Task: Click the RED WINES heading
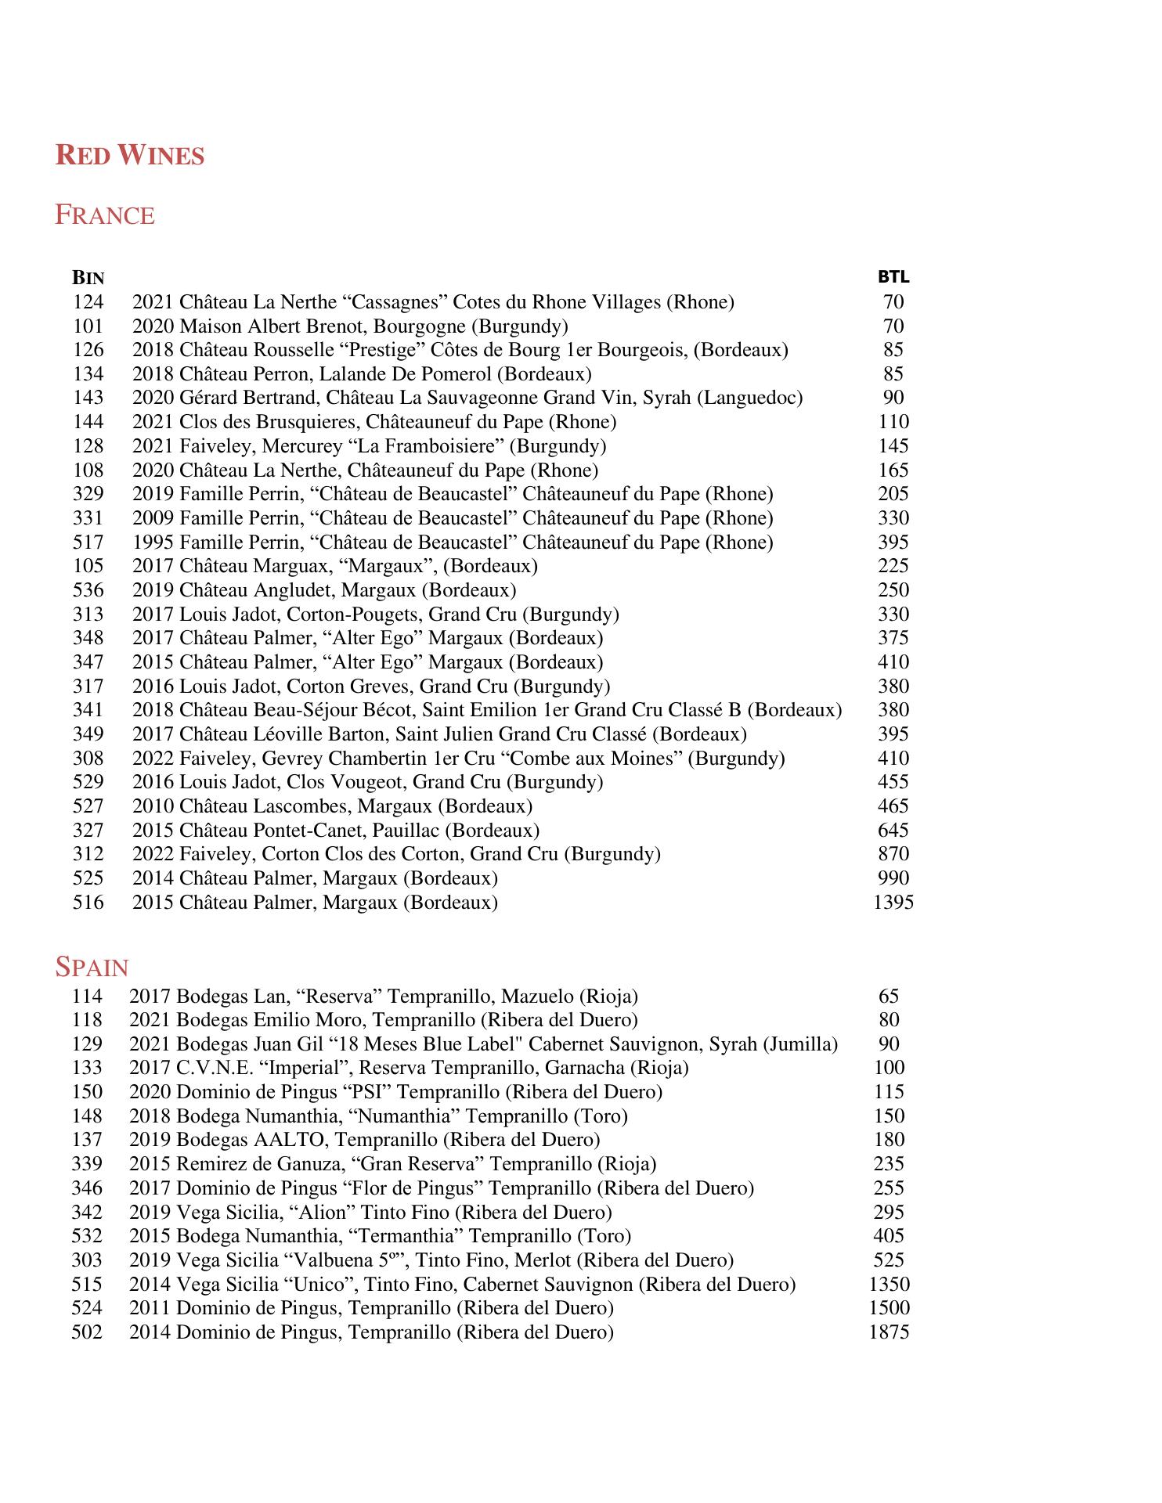click(129, 155)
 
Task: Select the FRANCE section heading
click(104, 215)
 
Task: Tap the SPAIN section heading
click(92, 968)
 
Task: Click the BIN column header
click(88, 278)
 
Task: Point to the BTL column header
click(893, 277)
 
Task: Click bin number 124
click(88, 302)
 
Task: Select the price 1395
click(893, 903)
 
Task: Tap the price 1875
click(889, 1332)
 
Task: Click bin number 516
click(88, 903)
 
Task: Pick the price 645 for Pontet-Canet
click(893, 831)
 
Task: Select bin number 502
click(87, 1332)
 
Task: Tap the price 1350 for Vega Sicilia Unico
click(889, 1284)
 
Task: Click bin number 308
click(88, 759)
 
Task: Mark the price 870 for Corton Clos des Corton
click(893, 854)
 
